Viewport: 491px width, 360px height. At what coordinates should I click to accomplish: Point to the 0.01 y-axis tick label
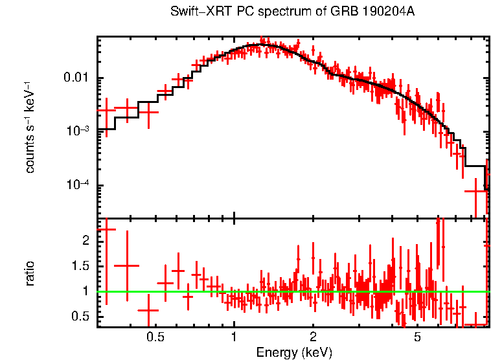(77, 78)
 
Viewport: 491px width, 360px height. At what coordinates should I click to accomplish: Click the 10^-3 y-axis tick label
(78, 131)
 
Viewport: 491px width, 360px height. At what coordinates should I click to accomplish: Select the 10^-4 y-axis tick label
(78, 185)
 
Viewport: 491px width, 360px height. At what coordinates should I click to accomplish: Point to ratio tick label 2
(88, 241)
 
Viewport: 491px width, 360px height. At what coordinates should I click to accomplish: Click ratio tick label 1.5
(82, 266)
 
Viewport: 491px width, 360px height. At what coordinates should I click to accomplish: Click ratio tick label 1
(88, 291)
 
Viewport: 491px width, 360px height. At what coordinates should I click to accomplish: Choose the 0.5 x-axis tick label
(154, 337)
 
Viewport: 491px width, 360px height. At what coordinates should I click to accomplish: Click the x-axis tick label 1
(234, 337)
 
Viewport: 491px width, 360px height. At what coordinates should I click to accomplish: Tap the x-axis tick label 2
(313, 337)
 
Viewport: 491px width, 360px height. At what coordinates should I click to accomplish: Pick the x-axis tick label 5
(417, 337)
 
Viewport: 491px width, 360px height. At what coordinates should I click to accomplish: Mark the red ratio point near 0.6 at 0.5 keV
(149, 310)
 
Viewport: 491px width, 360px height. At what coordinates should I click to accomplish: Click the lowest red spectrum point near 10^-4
(476, 191)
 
